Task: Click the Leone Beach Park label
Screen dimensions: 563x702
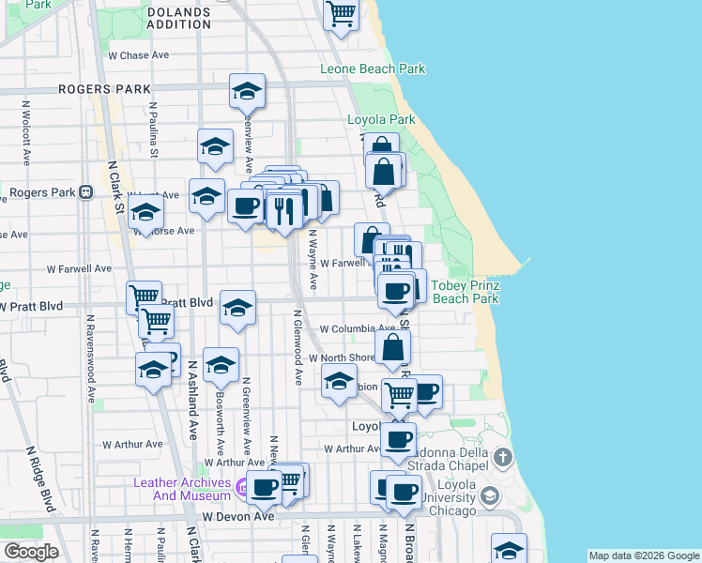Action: [373, 68]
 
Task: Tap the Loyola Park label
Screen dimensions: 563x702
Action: [381, 120]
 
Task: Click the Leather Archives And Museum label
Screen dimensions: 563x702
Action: [181, 489]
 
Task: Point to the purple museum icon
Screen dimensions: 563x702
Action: [241, 488]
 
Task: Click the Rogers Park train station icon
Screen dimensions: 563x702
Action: [85, 192]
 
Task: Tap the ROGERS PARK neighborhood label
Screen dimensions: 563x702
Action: [104, 89]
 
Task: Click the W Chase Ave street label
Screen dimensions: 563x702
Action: [138, 55]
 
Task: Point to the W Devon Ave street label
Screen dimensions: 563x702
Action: [237, 516]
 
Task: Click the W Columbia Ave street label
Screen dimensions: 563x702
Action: [358, 329]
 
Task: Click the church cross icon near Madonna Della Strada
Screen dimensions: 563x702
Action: [503, 458]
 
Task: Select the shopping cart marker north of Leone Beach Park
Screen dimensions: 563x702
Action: [341, 13]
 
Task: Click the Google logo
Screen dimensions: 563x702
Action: [31, 552]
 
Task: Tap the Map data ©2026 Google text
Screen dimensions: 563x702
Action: [643, 555]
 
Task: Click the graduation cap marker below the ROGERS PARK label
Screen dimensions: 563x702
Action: [247, 91]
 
